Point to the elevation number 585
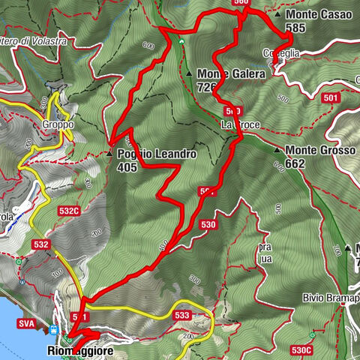point(295,28)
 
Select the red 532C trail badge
point(69,211)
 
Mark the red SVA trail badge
point(26,322)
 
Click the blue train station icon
point(55,329)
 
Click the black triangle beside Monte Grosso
point(277,150)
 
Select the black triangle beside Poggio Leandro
point(109,153)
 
